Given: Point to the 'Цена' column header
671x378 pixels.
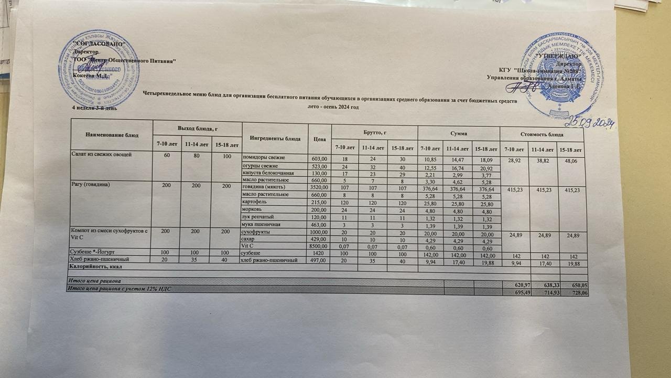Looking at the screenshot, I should click(319, 139).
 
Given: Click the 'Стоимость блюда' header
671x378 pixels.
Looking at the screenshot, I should click(542, 135).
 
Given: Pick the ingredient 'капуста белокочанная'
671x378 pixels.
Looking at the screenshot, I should click(267, 173).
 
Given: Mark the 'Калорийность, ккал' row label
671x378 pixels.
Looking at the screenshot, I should click(94, 267).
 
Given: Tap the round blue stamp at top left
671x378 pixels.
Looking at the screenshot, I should click(93, 72).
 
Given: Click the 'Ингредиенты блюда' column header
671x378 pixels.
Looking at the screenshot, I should click(275, 139).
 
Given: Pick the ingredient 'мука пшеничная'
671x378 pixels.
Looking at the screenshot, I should click(261, 224).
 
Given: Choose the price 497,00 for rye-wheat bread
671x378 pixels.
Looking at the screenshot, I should click(319, 260).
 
